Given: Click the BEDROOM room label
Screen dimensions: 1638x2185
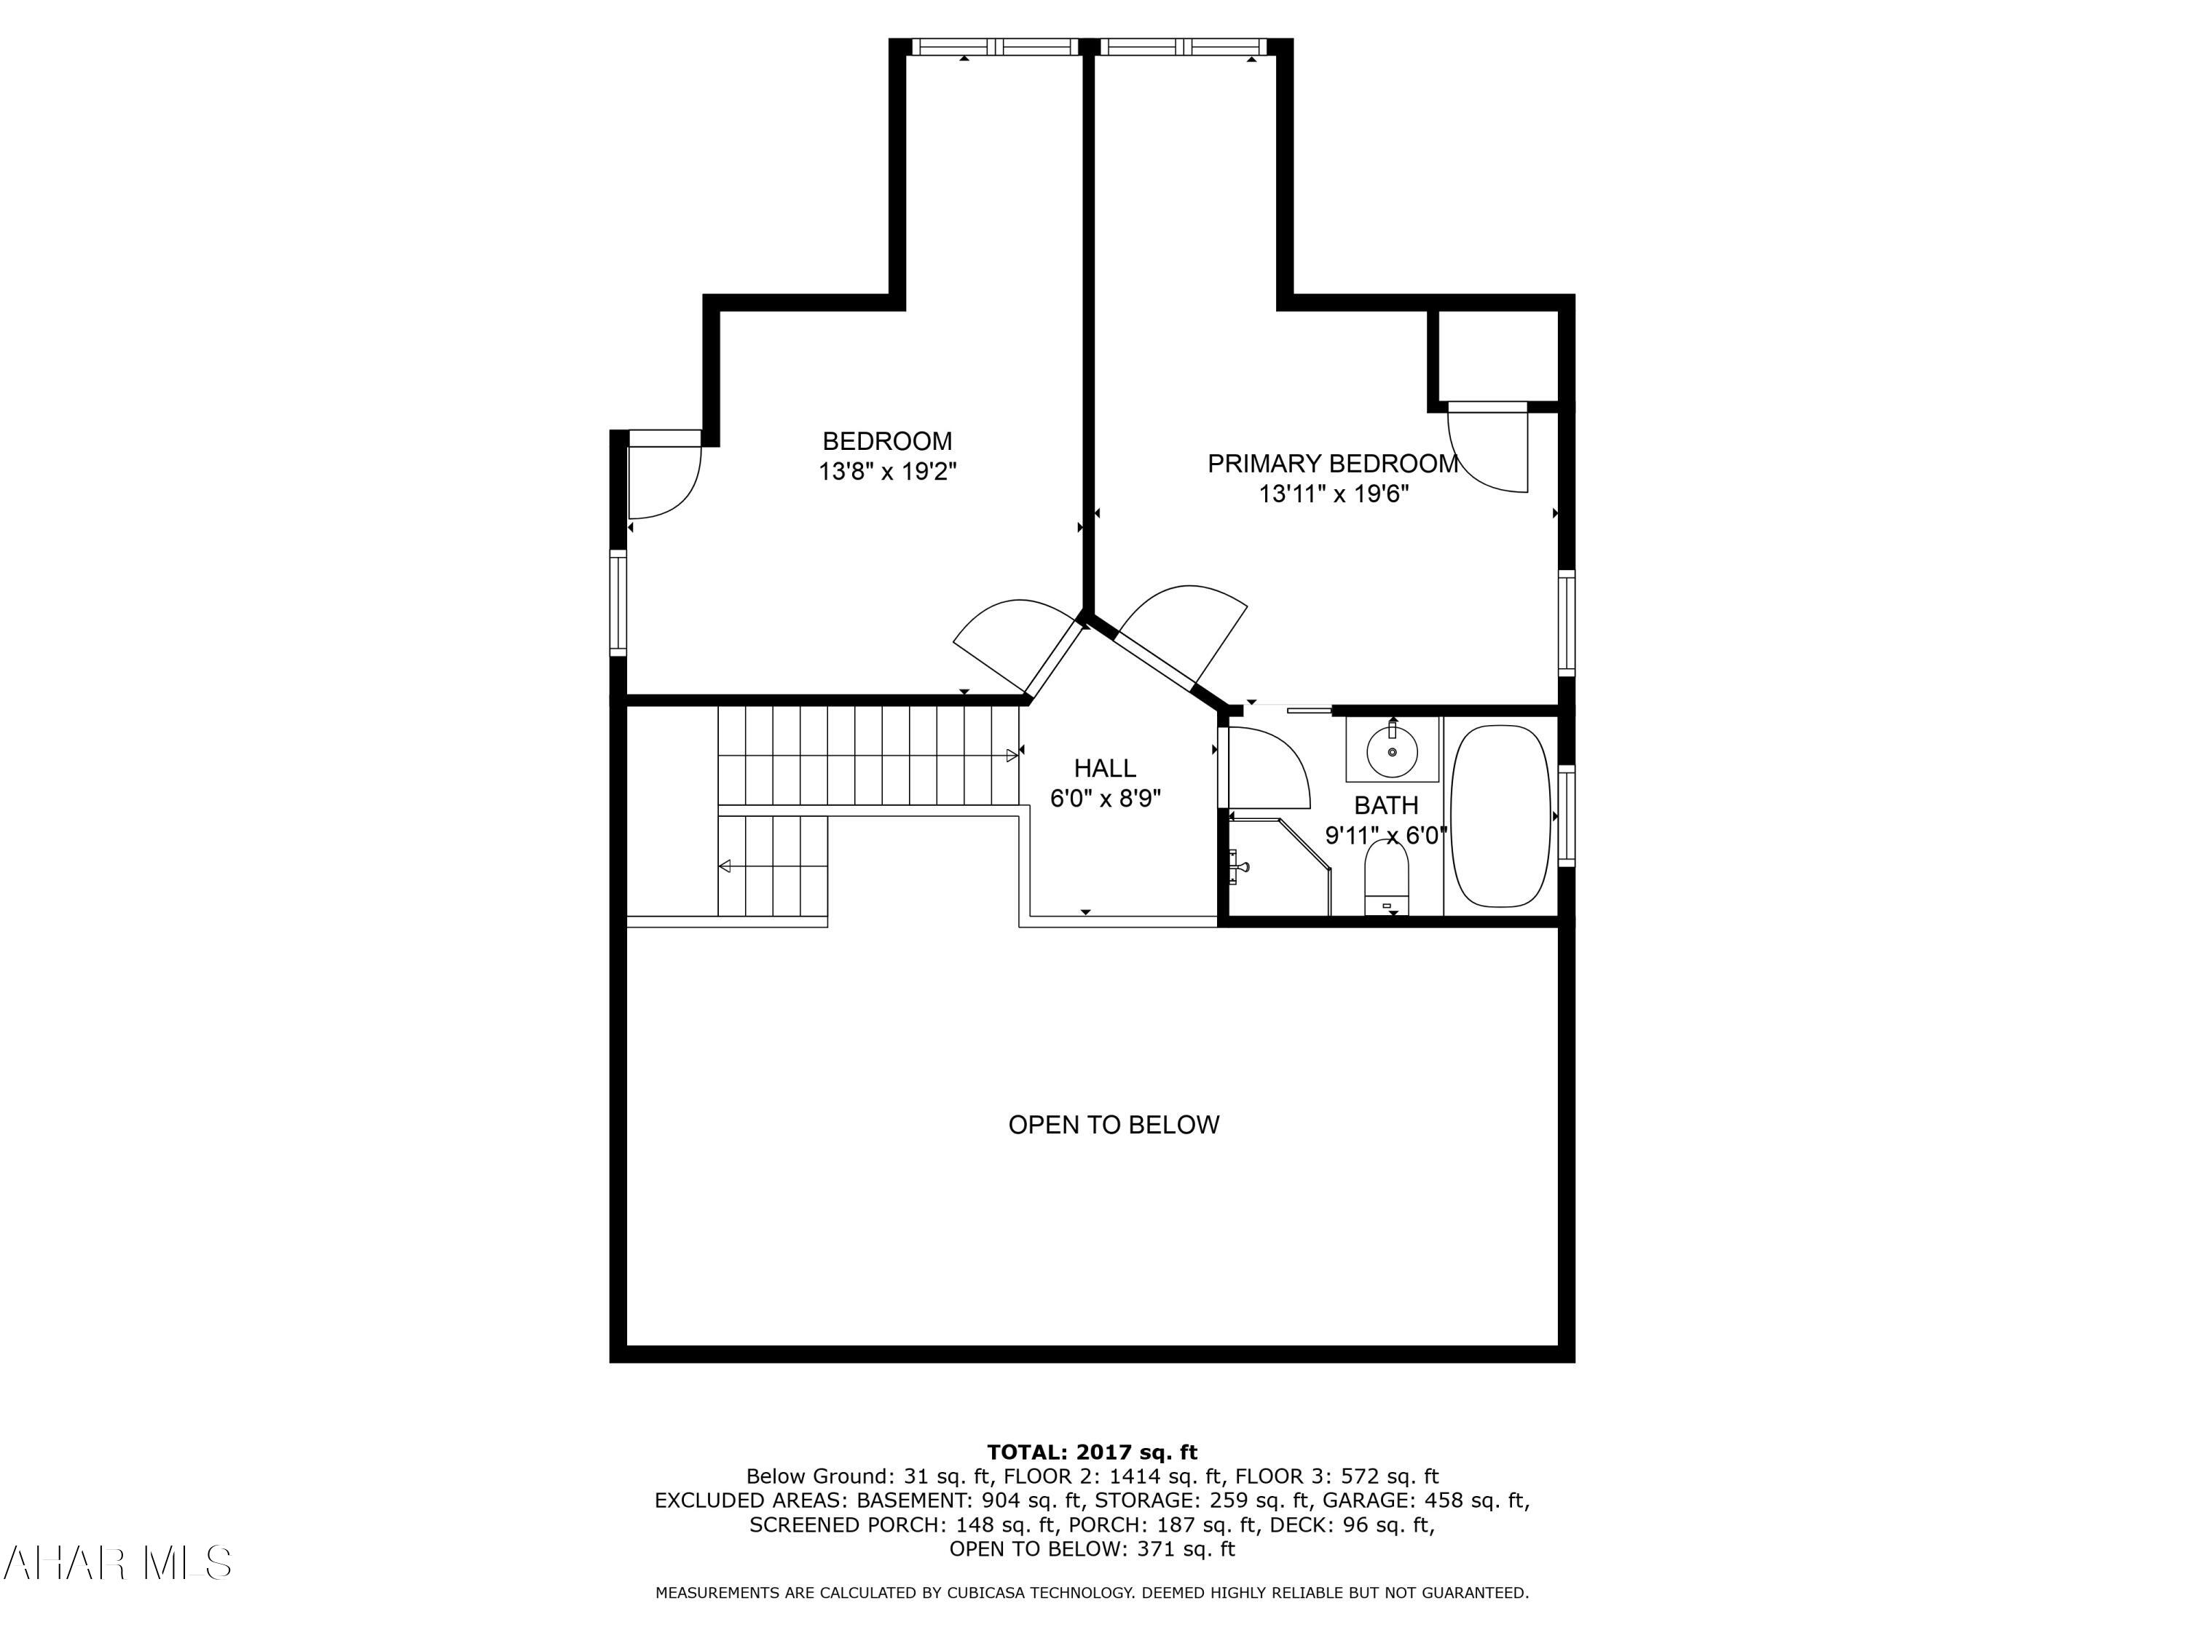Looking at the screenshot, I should pyautogui.click(x=886, y=441).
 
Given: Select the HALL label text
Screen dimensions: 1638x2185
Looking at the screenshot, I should pyautogui.click(x=1104, y=768).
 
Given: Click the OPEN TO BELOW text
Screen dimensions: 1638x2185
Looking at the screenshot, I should pyautogui.click(x=1113, y=1125).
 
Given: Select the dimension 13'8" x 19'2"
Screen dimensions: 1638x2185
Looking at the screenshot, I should pyautogui.click(x=886, y=472).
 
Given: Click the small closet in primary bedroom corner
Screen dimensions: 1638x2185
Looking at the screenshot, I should pyautogui.click(x=1497, y=355).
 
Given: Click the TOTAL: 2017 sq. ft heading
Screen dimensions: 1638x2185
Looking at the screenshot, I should pyautogui.click(x=1092, y=1452).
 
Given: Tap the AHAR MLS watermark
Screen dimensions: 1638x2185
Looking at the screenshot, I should pyautogui.click(x=117, y=1563).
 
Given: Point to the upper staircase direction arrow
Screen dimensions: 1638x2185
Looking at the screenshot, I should pyautogui.click(x=1012, y=756).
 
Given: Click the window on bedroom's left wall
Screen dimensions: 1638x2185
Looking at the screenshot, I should pyautogui.click(x=618, y=602).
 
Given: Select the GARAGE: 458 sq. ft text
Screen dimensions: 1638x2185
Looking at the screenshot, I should pyautogui.click(x=1425, y=1500).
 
